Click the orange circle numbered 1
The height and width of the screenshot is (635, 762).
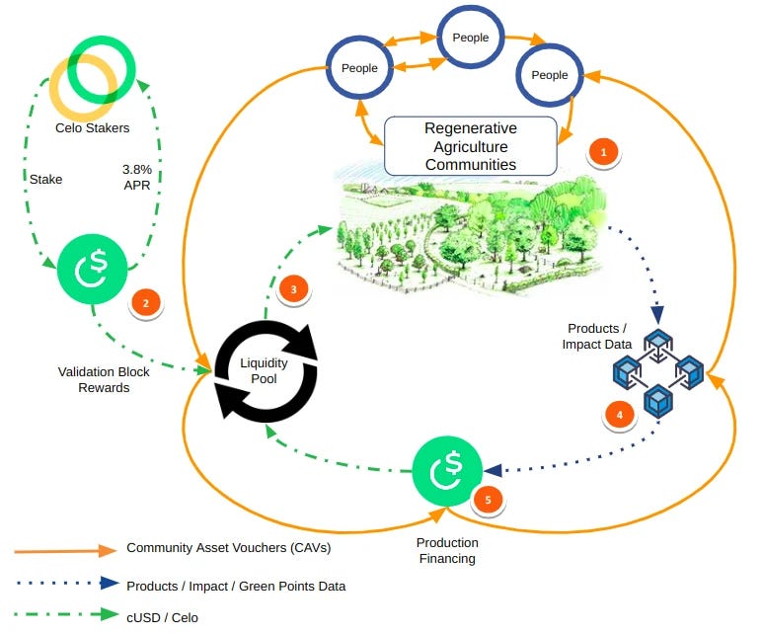(x=603, y=152)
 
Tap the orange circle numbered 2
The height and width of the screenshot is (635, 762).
(x=146, y=303)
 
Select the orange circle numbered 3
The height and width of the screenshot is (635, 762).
(x=293, y=289)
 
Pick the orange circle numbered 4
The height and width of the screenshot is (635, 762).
(x=620, y=415)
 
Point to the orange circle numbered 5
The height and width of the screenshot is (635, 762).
(x=488, y=500)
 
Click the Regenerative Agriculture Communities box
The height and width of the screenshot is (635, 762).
(x=471, y=146)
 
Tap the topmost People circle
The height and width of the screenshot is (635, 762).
(x=471, y=37)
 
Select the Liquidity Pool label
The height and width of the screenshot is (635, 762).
(x=264, y=370)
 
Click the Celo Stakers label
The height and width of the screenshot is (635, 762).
(x=93, y=127)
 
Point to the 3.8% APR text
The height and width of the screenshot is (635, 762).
(x=137, y=177)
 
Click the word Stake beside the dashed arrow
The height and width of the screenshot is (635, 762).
(x=45, y=180)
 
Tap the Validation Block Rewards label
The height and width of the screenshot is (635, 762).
(x=104, y=380)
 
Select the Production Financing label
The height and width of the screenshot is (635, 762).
(x=447, y=550)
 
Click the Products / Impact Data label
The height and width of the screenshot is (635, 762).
(x=597, y=336)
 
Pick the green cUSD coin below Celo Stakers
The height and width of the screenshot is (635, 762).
(x=93, y=269)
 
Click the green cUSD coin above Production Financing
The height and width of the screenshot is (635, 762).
(x=447, y=471)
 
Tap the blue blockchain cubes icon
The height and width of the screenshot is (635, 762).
(x=658, y=373)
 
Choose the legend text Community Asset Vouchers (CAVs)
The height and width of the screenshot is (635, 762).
(x=228, y=548)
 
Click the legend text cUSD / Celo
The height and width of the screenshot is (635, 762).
(x=162, y=617)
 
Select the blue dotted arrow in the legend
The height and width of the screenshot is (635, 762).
(x=67, y=583)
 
